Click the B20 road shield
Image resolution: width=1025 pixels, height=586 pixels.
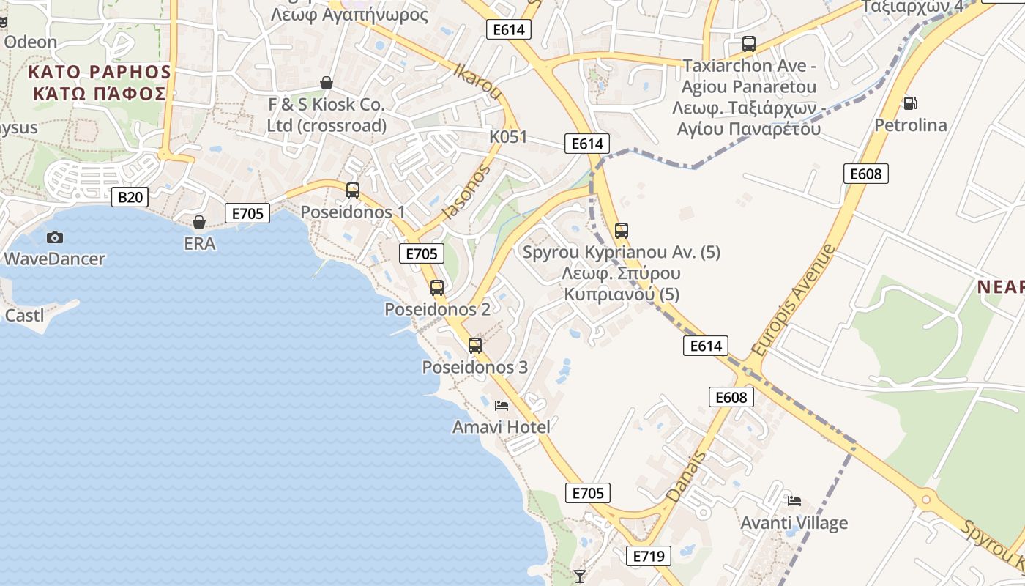pyautogui.click(x=130, y=196)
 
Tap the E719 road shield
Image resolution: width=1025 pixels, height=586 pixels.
pyautogui.click(x=649, y=556)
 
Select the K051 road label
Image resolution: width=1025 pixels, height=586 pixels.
pyautogui.click(x=508, y=137)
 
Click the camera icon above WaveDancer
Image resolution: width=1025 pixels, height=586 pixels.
pyautogui.click(x=54, y=237)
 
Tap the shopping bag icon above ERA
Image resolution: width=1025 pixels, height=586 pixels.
pyautogui.click(x=199, y=221)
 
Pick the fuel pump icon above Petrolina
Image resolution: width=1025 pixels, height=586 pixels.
pyautogui.click(x=910, y=103)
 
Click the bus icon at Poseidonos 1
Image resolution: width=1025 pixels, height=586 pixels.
pyautogui.click(x=353, y=190)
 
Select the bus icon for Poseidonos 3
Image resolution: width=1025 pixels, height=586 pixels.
pyautogui.click(x=475, y=345)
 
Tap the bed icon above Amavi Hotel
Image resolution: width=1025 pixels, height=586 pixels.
pyautogui.click(x=502, y=405)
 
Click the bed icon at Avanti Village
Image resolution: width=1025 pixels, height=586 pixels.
pyautogui.click(x=794, y=501)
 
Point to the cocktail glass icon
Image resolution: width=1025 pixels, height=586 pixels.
pyautogui.click(x=580, y=576)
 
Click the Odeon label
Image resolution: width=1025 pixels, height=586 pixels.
pyautogui.click(x=30, y=42)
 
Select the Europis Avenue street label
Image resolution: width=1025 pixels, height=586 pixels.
pyautogui.click(x=793, y=300)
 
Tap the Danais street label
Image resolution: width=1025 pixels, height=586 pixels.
pyautogui.click(x=687, y=476)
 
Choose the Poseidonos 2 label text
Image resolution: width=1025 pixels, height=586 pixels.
pyautogui.click(x=437, y=309)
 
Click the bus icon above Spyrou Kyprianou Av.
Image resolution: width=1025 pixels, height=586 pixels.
pyautogui.click(x=622, y=230)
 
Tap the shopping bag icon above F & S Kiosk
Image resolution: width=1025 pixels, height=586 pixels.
pyautogui.click(x=327, y=83)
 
